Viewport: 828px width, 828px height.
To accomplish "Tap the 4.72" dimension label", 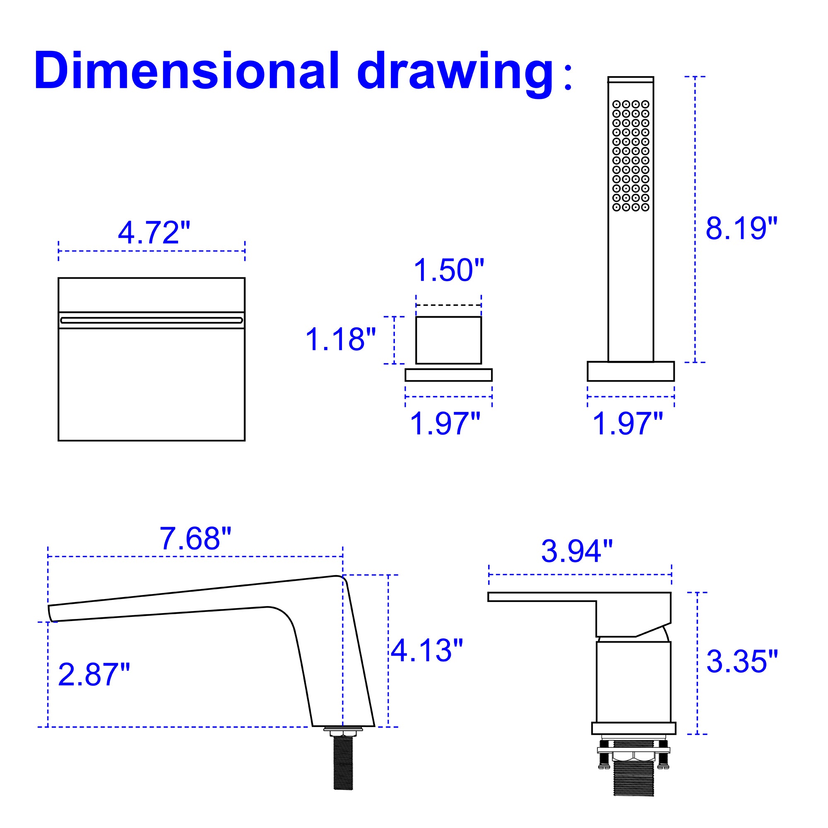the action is pyautogui.click(x=154, y=233).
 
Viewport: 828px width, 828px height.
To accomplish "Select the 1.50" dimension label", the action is pyautogui.click(x=449, y=270).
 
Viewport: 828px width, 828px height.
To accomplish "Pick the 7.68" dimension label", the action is pyautogui.click(x=196, y=539).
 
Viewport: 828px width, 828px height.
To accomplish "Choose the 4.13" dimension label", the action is pyautogui.click(x=427, y=650).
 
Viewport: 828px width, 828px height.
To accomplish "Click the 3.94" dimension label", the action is pyautogui.click(x=577, y=551).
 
